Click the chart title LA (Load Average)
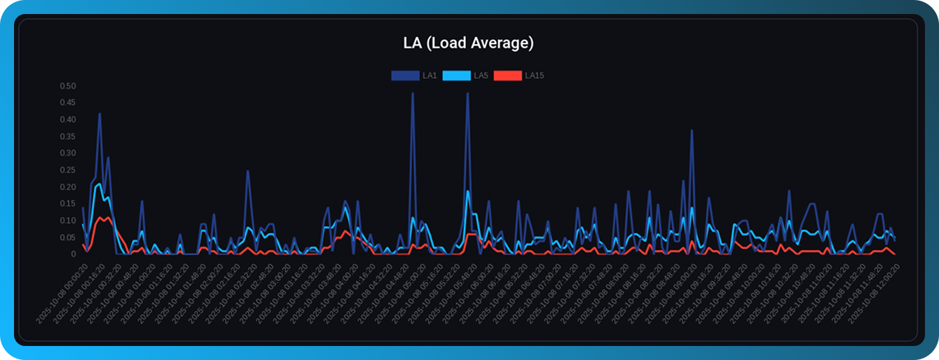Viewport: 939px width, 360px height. tap(468, 43)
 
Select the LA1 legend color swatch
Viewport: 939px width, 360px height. tap(404, 76)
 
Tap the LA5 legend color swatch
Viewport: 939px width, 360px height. tap(456, 76)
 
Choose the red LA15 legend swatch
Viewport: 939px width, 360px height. tap(507, 76)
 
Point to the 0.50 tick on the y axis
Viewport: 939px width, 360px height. tap(67, 86)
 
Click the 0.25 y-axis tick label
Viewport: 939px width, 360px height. tap(67, 170)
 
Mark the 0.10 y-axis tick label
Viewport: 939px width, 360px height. tap(67, 221)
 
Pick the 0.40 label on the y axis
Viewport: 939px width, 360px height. tap(67, 120)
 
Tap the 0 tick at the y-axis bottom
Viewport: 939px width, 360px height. tap(73, 254)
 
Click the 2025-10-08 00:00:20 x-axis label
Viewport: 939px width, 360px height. tap(62, 293)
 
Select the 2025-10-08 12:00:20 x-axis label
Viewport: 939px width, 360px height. tap(874, 293)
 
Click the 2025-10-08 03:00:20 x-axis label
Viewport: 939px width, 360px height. tap(265, 293)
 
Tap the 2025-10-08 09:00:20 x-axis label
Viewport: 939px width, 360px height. tap(671, 293)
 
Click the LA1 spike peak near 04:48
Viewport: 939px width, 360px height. tap(412, 93)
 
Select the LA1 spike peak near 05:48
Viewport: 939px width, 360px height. tap(467, 93)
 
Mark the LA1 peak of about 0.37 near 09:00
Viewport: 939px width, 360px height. tap(692, 130)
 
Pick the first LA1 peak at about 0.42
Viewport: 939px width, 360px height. tap(100, 113)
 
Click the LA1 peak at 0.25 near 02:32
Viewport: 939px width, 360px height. tap(247, 170)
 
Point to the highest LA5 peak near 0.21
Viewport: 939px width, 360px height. tap(100, 184)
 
